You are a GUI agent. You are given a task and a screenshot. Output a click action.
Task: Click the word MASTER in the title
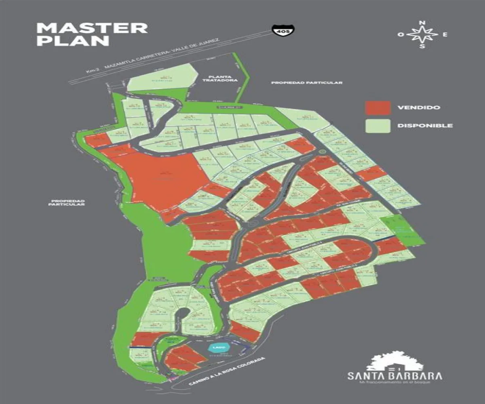coord(92,28)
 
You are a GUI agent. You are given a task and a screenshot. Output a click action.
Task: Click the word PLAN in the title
coord(73,41)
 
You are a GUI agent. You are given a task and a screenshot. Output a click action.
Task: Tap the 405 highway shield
coord(283,31)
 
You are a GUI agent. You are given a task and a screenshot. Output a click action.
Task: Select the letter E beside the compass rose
coord(445,35)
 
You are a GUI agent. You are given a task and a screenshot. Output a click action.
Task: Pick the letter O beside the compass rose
coord(401,35)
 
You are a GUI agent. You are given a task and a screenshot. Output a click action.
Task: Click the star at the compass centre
coord(422,35)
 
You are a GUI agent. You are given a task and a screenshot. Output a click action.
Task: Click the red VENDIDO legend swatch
coord(377,107)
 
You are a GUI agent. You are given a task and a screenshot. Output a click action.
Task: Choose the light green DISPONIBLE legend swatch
coord(377,126)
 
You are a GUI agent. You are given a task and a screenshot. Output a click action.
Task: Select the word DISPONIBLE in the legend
coord(424,126)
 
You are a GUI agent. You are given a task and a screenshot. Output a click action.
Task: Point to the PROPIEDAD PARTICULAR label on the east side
coord(307,83)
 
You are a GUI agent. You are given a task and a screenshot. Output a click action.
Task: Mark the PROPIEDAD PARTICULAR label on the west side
coord(67,203)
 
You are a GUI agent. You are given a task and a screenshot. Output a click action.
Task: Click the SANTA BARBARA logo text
coord(394,375)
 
